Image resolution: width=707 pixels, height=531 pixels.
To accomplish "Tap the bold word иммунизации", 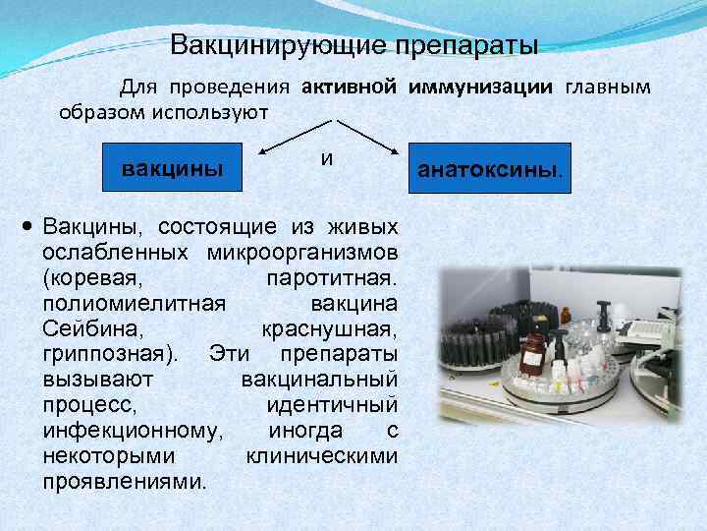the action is [481, 87].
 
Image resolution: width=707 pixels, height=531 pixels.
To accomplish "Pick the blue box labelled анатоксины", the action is [491, 168].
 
